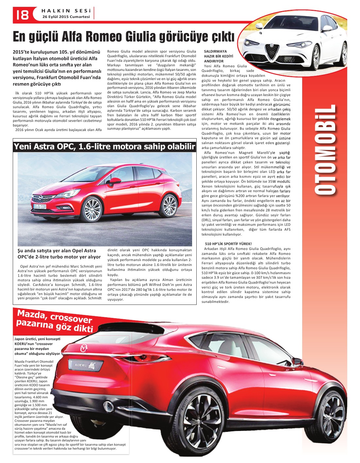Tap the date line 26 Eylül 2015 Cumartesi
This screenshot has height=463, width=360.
(x=66, y=17)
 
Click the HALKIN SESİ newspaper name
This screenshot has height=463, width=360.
(x=66, y=11)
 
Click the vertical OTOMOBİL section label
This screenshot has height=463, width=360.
(x=325, y=150)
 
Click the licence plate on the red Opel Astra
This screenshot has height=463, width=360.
(x=39, y=207)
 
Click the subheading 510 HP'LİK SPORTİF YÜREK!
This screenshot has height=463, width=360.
(x=228, y=244)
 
